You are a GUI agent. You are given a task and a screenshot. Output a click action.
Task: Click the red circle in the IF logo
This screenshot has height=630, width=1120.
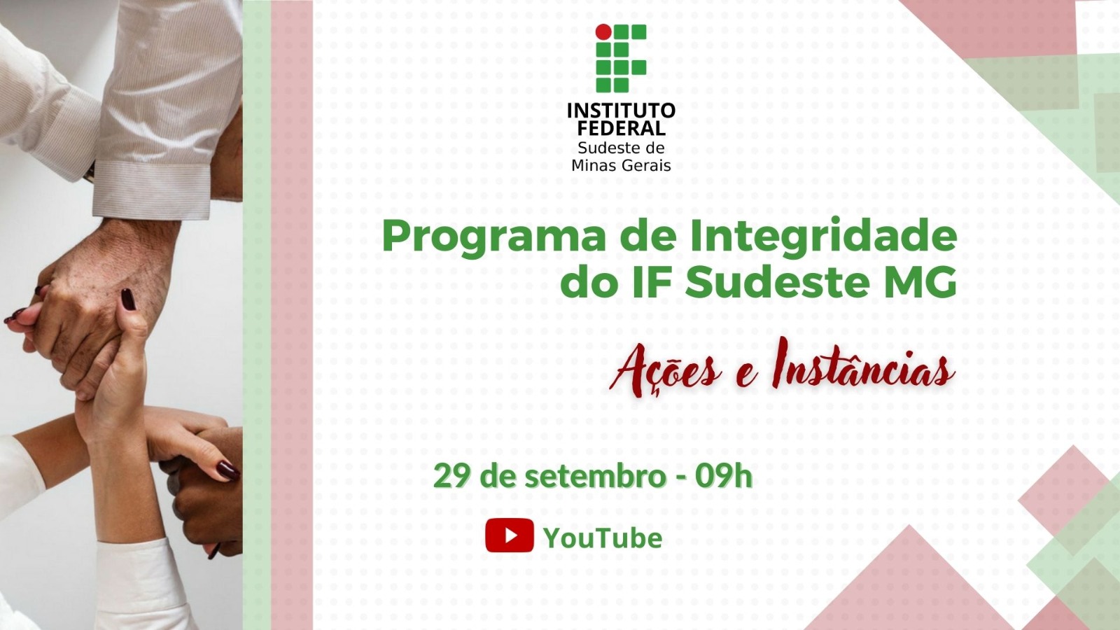pos(603,31)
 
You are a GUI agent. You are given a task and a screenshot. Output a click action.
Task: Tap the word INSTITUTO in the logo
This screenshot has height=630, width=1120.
pos(621,110)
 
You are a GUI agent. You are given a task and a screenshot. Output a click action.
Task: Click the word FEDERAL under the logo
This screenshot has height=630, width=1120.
pos(621,128)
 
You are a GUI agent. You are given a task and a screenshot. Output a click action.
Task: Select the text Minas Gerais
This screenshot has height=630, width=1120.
pos(621,165)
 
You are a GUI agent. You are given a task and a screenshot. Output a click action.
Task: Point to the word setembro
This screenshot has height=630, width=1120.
pos(592,476)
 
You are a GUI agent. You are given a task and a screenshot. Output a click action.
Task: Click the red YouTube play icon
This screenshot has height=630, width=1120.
pos(510,535)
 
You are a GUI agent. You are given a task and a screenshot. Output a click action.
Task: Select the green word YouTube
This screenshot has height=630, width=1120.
pos(603,538)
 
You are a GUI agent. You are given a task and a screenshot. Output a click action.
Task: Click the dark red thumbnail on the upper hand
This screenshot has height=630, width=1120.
pos(128,300)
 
